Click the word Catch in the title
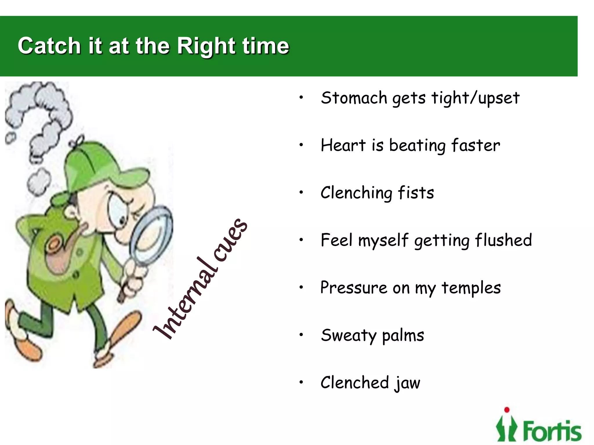[49, 46]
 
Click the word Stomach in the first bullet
[354, 98]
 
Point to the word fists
[416, 193]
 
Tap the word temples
[471, 288]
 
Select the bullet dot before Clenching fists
[301, 192]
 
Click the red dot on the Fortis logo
[507, 410]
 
